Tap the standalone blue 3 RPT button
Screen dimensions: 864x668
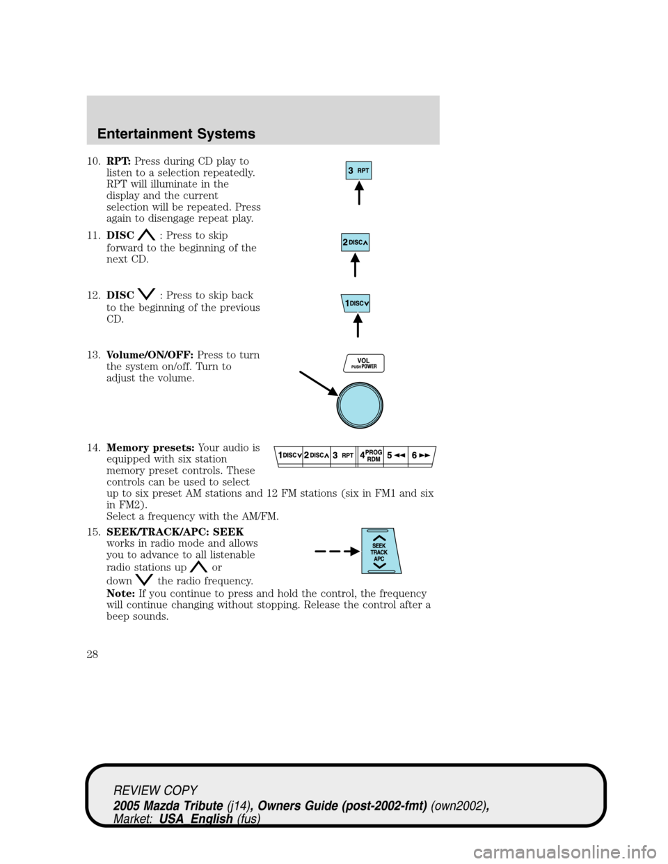tap(359, 170)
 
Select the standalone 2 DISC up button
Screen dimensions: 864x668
tap(355, 242)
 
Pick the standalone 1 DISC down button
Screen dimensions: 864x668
tap(356, 303)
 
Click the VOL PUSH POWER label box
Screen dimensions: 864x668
tap(364, 363)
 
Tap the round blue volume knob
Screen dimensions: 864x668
tap(360, 405)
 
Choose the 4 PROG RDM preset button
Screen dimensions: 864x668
tap(370, 455)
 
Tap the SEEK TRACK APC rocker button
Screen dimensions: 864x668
tap(380, 552)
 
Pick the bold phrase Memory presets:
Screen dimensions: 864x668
tap(151, 447)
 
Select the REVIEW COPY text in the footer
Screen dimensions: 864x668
tap(156, 790)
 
